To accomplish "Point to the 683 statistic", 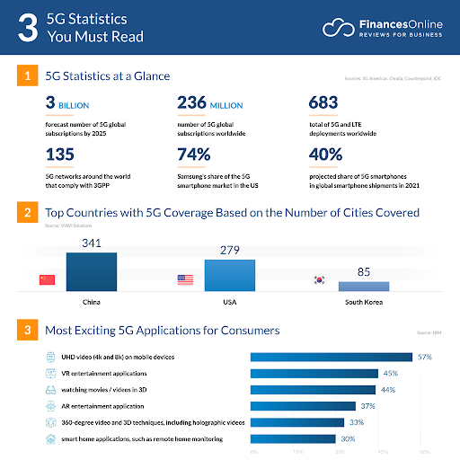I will (x=323, y=103).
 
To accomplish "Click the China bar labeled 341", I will (x=91, y=270).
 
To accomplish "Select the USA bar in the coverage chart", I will (x=229, y=274).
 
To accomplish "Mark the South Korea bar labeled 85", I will (x=363, y=286).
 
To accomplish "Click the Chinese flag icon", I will (x=47, y=280).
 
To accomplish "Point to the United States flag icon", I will (x=185, y=280).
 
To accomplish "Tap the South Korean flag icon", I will (x=318, y=280).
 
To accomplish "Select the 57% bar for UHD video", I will (x=332, y=357).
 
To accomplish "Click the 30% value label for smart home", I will (x=349, y=439).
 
